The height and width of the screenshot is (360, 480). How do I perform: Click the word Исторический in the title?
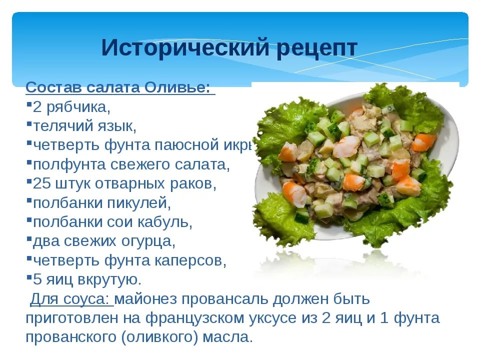click(185, 47)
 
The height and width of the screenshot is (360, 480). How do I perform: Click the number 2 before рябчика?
click(37, 107)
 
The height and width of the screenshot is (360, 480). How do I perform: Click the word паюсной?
click(186, 145)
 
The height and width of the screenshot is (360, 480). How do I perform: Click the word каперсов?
click(188, 260)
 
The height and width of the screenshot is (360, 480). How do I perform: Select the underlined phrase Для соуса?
click(71, 299)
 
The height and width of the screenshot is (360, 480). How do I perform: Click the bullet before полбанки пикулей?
click(29, 201)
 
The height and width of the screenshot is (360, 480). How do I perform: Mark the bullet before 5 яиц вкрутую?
click(29, 277)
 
